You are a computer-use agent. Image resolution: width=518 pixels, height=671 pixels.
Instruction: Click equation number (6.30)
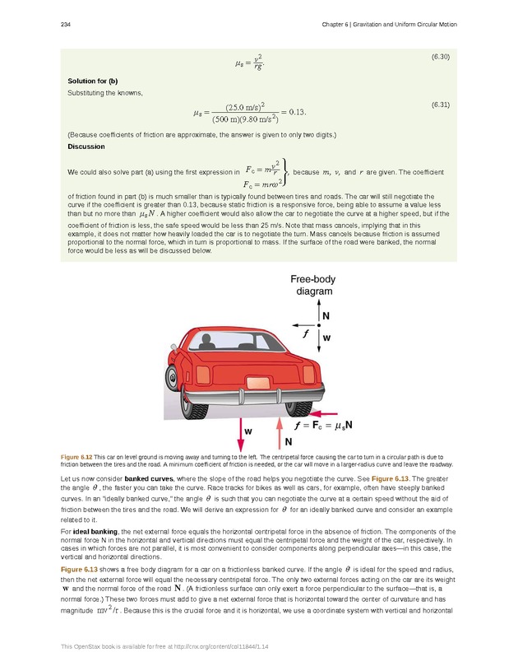point(440,56)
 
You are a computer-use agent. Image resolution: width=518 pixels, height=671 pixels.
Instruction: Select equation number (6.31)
point(440,106)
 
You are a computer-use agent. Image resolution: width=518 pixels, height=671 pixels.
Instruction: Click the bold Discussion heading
point(86,147)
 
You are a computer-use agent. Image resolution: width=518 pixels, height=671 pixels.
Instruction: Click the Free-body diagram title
point(312,286)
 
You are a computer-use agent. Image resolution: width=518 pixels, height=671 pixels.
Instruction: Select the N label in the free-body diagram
point(326,315)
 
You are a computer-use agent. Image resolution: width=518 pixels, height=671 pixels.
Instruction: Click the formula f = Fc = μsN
point(324,426)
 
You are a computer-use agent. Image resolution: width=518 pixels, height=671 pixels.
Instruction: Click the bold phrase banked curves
point(149,478)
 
